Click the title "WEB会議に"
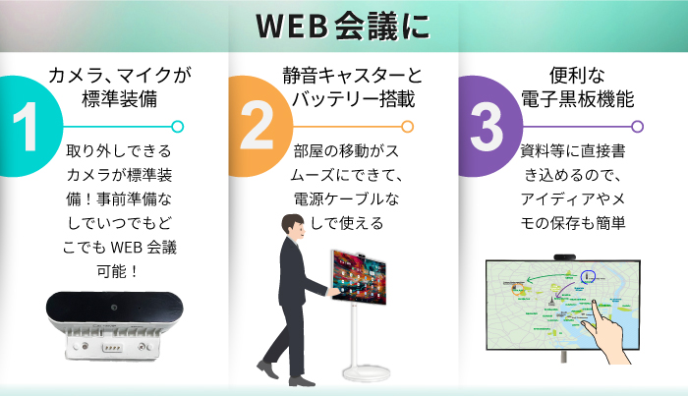[343, 27]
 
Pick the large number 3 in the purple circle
[486, 127]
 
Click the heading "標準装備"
[119, 98]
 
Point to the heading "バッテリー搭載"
[350, 98]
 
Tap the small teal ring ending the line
[177, 126]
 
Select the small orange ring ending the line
[407, 126]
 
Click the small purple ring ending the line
[637, 126]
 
